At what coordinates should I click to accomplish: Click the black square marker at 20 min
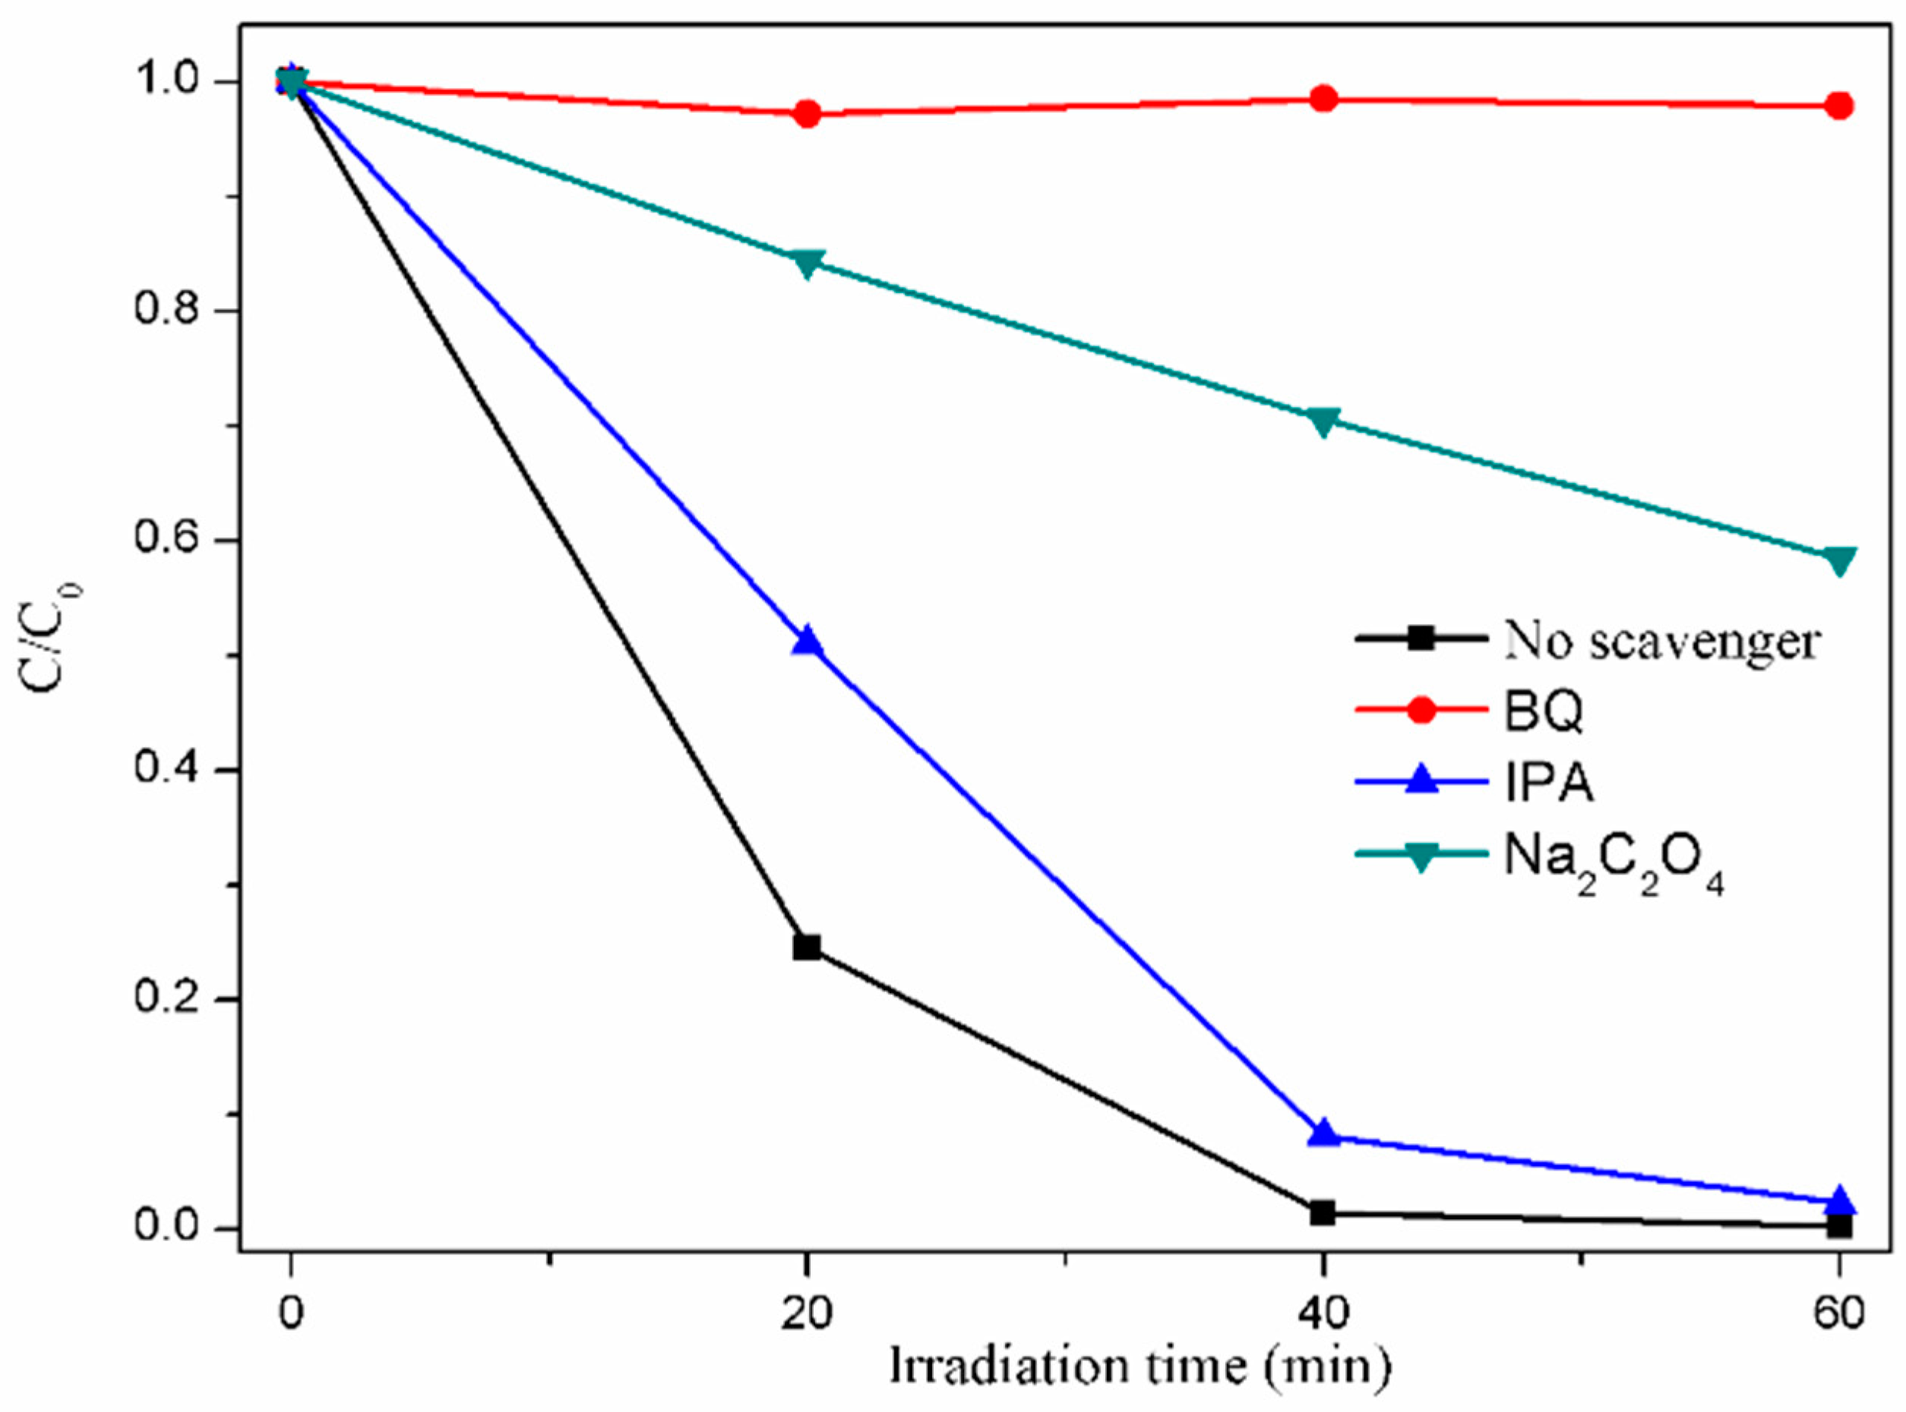[806, 947]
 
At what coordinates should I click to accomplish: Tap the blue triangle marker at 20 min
[806, 642]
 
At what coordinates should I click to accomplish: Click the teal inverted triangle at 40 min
[1323, 421]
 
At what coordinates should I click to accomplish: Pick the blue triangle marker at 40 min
[1323, 1133]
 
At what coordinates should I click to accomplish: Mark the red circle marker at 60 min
[1839, 106]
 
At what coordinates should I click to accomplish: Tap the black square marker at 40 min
[1323, 1212]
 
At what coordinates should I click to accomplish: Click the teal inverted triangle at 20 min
[806, 263]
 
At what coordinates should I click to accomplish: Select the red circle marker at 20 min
[806, 114]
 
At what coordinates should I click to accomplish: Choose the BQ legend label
[1544, 711]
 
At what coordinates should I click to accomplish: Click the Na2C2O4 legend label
[1612, 858]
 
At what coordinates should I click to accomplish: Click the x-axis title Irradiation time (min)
[1139, 1366]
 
